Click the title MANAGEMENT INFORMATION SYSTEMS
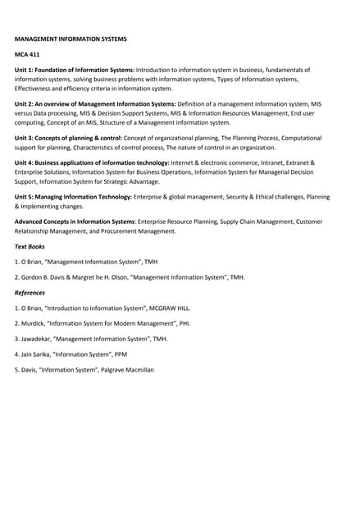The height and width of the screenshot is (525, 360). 71,39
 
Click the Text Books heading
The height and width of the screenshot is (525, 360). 30,246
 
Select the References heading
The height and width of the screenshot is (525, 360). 30,292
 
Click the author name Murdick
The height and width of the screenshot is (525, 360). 35,323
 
